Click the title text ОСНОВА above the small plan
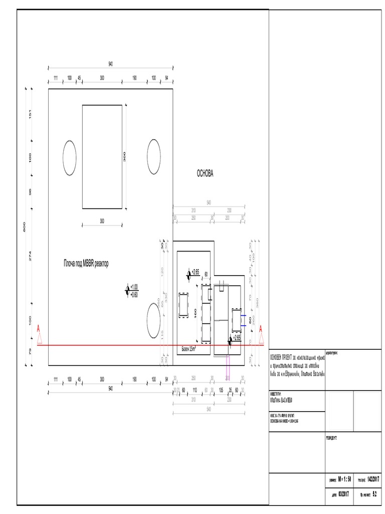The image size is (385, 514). pyautogui.click(x=205, y=174)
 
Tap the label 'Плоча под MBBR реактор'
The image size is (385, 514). pyautogui.click(x=86, y=263)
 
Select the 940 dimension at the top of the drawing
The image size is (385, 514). pyautogui.click(x=110, y=64)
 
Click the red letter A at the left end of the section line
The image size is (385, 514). pyautogui.click(x=38, y=329)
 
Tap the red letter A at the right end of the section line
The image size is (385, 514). pyautogui.click(x=261, y=329)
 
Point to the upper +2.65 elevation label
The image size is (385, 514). pyautogui.click(x=195, y=272)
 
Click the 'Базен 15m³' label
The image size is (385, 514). pyautogui.click(x=188, y=348)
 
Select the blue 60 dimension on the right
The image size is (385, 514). pyautogui.click(x=249, y=319)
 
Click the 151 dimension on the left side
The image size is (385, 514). pyautogui.click(x=31, y=114)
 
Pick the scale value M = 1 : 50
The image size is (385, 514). pyautogui.click(x=346, y=480)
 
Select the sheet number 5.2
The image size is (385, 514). pyautogui.click(x=374, y=494)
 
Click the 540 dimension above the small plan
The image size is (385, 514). pyautogui.click(x=209, y=203)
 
